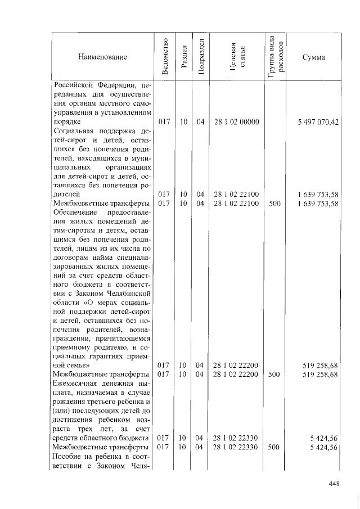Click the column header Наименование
[102, 57]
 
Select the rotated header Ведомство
[164, 57]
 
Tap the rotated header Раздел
[183, 57]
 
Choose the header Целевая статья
[236, 57]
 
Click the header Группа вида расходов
[275, 56]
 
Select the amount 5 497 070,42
[318, 121]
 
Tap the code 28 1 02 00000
[236, 121]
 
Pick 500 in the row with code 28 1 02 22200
[274, 374]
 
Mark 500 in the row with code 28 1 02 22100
[274, 203]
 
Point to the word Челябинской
[128, 293]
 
